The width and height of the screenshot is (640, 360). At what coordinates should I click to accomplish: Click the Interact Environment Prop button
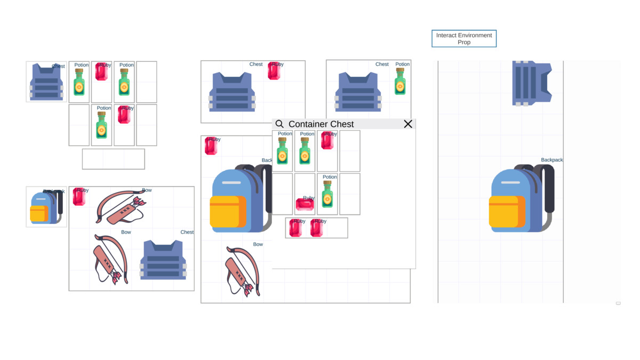click(x=463, y=38)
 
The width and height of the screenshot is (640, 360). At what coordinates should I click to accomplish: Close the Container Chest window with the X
click(x=408, y=124)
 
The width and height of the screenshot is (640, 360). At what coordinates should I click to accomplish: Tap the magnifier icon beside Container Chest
click(x=279, y=124)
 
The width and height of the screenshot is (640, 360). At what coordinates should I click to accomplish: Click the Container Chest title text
click(x=321, y=124)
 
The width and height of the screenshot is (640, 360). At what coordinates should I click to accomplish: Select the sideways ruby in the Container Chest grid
click(x=305, y=204)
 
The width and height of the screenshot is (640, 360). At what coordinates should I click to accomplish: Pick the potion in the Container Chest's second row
click(x=327, y=195)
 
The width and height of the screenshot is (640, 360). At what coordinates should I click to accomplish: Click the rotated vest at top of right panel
click(x=531, y=83)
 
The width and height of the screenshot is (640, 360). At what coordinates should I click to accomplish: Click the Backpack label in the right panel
click(x=551, y=160)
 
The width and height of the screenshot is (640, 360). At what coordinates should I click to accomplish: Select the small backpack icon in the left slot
click(x=46, y=207)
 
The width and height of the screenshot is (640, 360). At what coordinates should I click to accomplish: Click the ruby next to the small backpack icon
click(x=79, y=197)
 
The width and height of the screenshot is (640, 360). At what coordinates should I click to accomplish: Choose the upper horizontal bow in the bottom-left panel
click(x=121, y=206)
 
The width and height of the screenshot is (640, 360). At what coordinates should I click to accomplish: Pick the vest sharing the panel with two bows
click(x=163, y=260)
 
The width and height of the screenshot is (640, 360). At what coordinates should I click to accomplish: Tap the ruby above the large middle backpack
click(x=211, y=146)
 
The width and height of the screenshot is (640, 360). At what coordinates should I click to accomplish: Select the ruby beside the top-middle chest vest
click(x=274, y=71)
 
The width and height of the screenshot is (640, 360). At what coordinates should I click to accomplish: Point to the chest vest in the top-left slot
click(x=46, y=82)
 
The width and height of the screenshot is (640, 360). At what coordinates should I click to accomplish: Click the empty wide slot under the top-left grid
click(x=113, y=159)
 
